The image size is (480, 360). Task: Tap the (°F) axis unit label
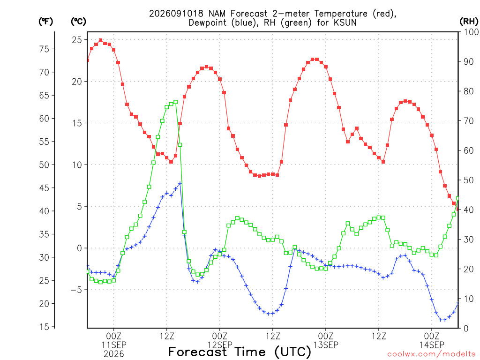tap(45, 22)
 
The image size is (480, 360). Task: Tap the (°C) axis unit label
tap(78, 22)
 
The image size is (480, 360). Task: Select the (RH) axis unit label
tap(469, 22)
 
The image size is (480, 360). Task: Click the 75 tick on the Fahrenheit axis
tap(45, 49)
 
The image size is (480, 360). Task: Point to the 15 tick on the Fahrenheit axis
tap(45, 327)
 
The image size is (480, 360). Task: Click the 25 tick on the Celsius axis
tap(77, 40)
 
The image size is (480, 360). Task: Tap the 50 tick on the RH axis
tap(469, 180)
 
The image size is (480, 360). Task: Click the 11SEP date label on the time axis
tap(114, 345)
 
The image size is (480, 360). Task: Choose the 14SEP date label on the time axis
tap(432, 345)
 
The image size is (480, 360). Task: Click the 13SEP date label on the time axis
tap(326, 345)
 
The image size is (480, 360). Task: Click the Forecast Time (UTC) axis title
tap(240, 352)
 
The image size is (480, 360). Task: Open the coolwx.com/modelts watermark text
tap(431, 354)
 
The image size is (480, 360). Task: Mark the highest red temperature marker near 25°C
tap(100, 40)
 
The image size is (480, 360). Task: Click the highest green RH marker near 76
tap(175, 102)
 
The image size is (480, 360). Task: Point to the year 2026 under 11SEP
tap(114, 354)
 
